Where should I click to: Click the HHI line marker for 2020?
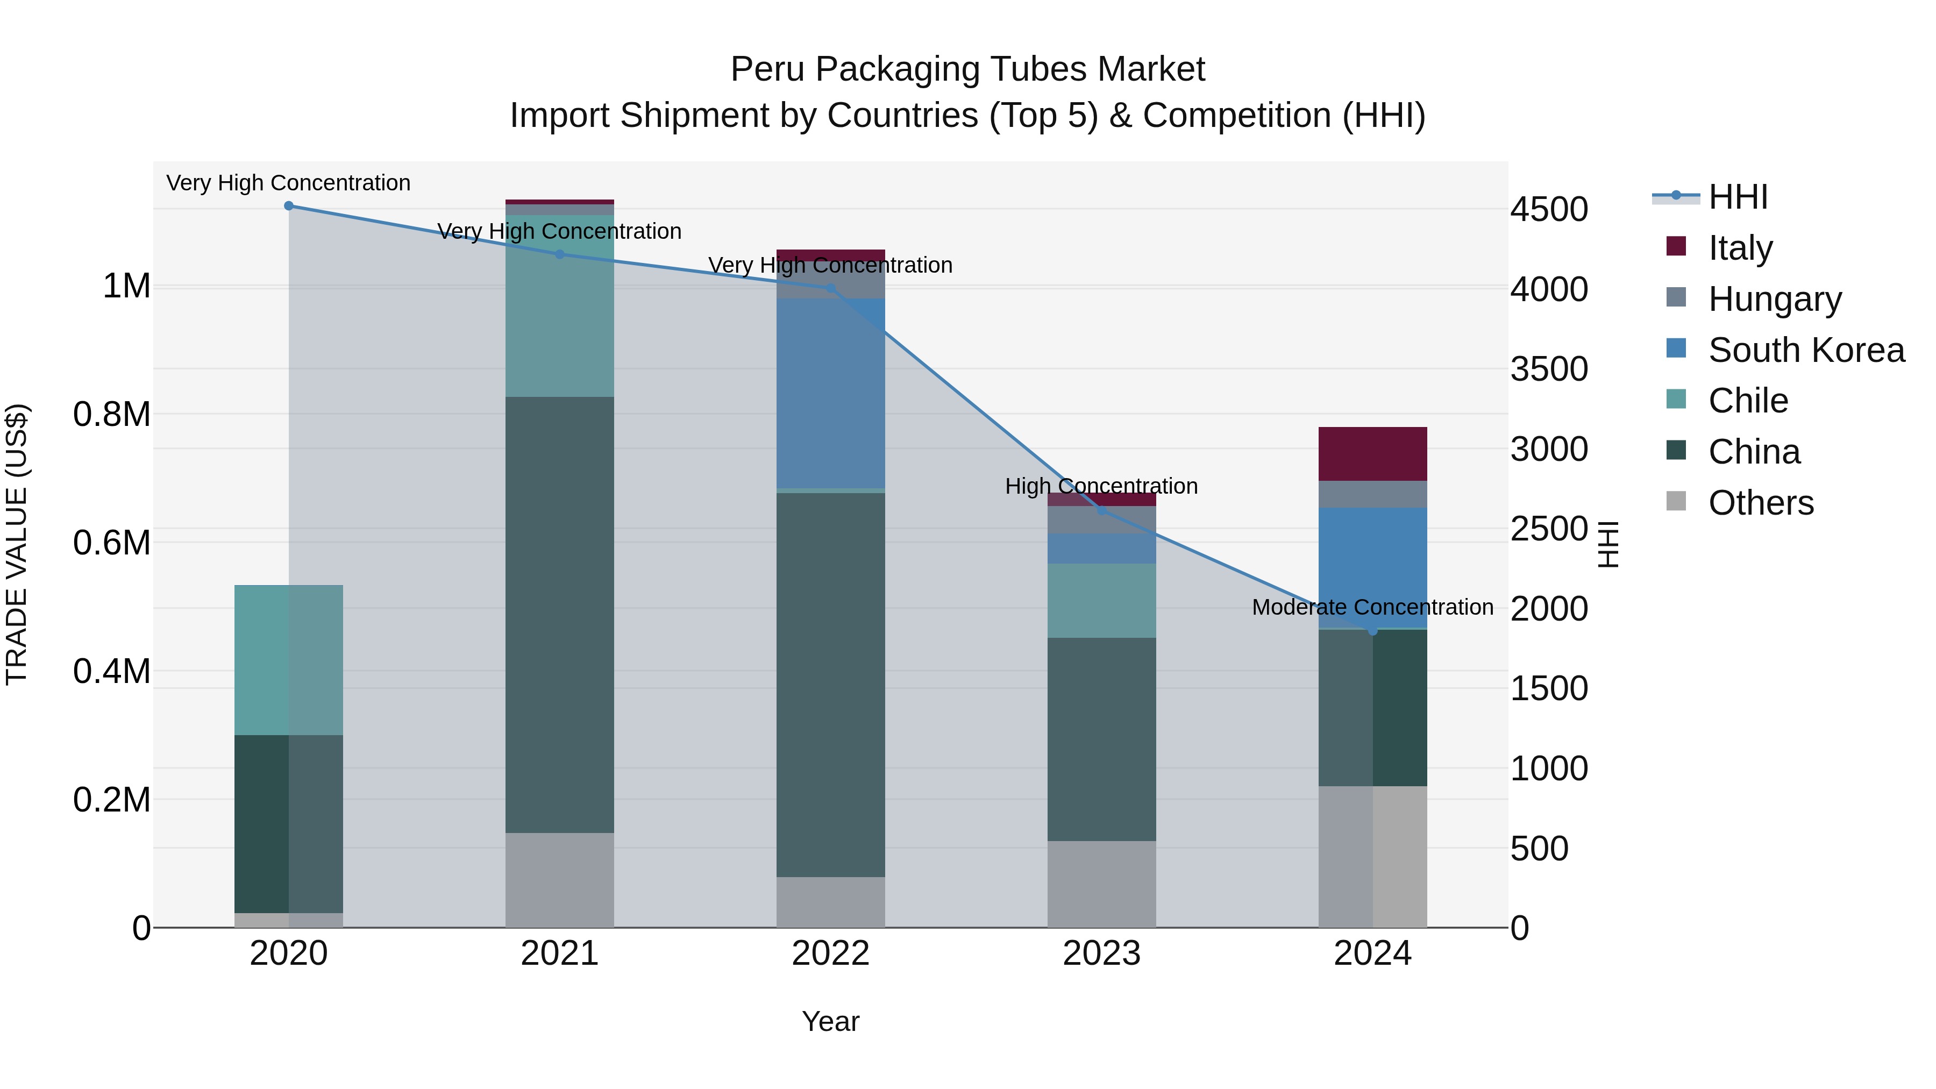click(289, 206)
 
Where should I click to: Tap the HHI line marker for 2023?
click(1102, 511)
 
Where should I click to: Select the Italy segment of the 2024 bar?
click(1372, 454)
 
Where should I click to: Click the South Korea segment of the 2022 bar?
click(830, 393)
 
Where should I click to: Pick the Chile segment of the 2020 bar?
click(289, 660)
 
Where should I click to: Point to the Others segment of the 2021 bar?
click(559, 880)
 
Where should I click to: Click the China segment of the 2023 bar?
click(1102, 739)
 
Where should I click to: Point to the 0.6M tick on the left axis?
click(112, 543)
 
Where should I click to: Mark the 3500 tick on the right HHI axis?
click(1550, 369)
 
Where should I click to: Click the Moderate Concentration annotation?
click(1372, 607)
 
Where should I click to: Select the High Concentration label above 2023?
click(1102, 486)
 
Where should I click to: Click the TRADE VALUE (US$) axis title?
click(17, 544)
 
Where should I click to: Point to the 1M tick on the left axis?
click(126, 286)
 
